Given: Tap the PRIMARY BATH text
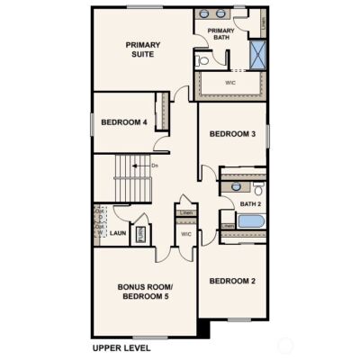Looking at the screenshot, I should (220, 35).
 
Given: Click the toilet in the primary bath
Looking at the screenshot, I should (203, 61).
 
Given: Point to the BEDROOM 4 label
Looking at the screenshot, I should (124, 122).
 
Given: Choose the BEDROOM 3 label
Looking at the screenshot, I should (233, 134).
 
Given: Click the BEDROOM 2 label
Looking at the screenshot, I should (233, 282).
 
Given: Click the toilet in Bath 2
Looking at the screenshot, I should (257, 189).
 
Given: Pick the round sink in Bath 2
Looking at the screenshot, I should (236, 186).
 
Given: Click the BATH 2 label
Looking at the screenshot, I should (249, 204).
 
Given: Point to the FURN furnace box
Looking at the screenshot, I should (140, 235).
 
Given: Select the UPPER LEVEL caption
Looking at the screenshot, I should (121, 347).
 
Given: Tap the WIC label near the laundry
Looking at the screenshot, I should (186, 235).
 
